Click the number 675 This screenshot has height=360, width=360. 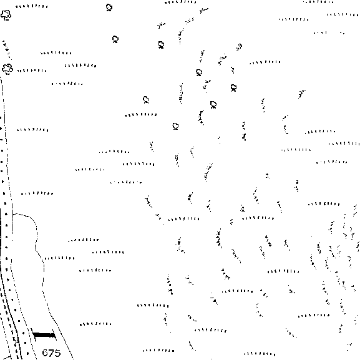pos(51,353)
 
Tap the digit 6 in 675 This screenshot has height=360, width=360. pos(45,353)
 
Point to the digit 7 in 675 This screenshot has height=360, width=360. pos(51,353)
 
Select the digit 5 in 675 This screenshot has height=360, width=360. pos(57,353)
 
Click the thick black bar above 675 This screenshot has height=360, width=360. pos(44,335)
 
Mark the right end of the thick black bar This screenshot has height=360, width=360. pos(56,336)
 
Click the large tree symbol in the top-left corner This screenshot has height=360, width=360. pos(6,15)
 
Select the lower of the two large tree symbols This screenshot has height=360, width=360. pos(7,69)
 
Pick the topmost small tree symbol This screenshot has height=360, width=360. pos(109,7)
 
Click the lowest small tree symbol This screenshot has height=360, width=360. pos(175,126)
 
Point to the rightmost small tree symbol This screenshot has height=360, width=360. pos(233,88)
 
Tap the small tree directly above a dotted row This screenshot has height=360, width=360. pos(146,100)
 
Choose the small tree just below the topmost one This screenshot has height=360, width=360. pos(115,39)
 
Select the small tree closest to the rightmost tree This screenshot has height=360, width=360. pos(213,105)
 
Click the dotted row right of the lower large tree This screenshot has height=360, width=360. pos(32,71)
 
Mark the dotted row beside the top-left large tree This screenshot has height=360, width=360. pos(32,6)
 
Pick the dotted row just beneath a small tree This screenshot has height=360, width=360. pos(141,115)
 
